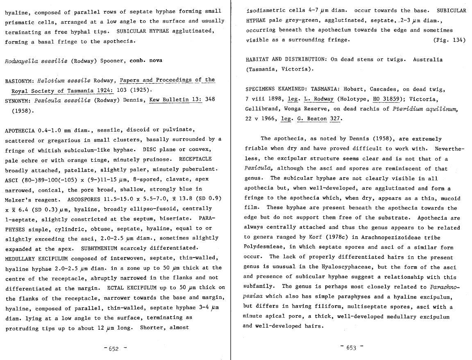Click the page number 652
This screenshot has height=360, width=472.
pos(113,349)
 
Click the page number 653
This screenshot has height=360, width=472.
pos(351,348)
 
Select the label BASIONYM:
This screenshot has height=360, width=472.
pos(19,81)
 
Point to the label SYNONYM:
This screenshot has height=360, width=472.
pos(18,100)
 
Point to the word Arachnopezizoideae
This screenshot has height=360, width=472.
pos(343,237)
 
